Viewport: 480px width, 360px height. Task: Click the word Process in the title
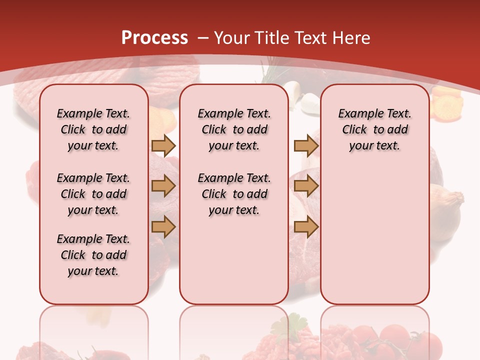click(154, 37)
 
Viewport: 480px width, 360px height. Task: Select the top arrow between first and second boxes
click(163, 145)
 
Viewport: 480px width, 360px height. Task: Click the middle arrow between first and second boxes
click(163, 186)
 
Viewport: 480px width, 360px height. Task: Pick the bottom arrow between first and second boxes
click(163, 227)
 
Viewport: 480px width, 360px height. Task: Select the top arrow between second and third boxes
click(306, 145)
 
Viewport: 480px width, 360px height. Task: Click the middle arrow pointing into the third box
click(306, 186)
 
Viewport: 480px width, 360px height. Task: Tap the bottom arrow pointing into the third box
click(306, 227)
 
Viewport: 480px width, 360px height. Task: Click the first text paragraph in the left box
click(93, 129)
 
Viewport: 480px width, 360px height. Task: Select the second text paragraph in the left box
click(93, 194)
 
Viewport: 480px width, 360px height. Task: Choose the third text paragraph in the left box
click(93, 255)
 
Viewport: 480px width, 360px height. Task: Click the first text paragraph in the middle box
click(234, 129)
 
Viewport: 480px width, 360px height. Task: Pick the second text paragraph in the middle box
click(234, 194)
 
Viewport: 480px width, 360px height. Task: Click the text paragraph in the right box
click(374, 129)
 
